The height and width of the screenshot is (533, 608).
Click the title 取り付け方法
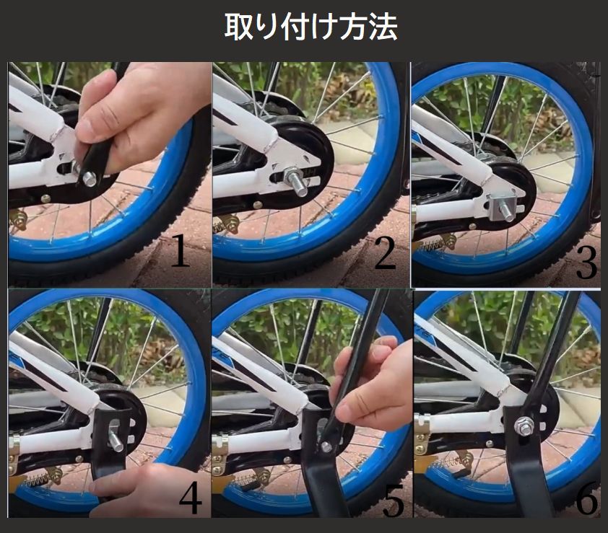coord(311,27)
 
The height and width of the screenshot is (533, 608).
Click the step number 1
coord(181,250)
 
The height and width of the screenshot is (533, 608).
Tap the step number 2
coord(385,253)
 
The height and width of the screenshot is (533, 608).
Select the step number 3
coord(586,263)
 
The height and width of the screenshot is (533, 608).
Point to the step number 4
coord(190,498)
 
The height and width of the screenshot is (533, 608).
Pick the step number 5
coord(394,500)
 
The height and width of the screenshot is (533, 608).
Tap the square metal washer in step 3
coord(500,206)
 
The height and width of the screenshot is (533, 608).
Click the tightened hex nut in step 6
coord(524,426)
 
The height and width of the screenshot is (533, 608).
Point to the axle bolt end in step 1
coord(89,179)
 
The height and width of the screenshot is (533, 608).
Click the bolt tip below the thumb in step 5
coord(326,447)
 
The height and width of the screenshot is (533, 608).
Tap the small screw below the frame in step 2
coord(256,204)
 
